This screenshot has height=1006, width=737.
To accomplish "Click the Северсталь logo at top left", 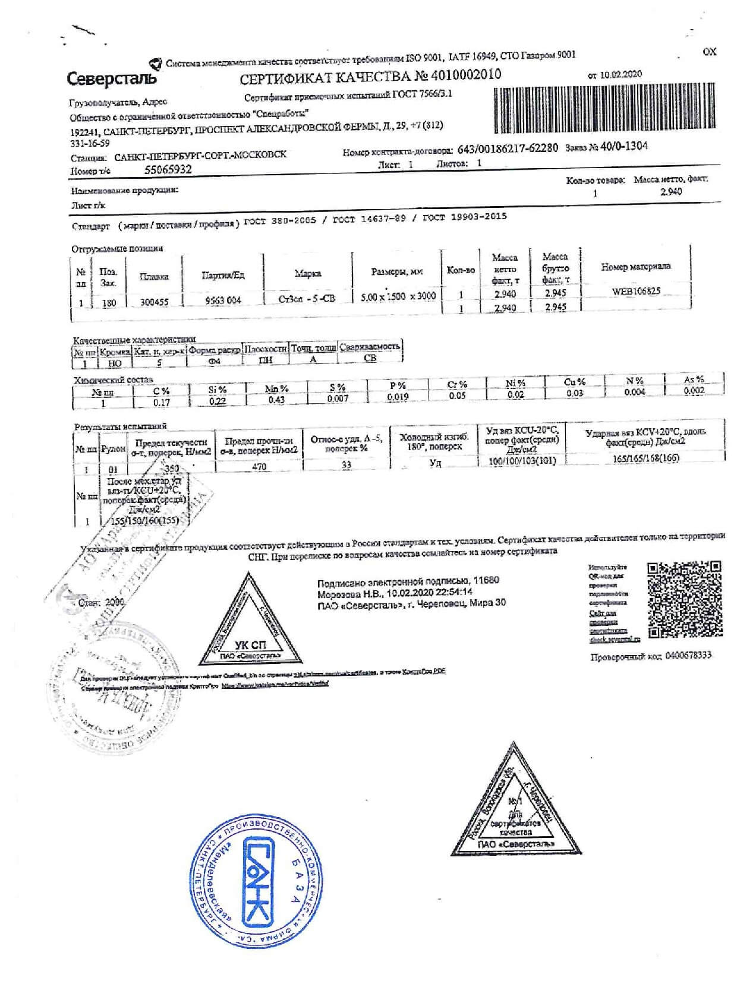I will point(112,78).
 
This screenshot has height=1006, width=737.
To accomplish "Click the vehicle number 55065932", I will point(168,169).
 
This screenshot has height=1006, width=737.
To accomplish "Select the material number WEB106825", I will point(635,291).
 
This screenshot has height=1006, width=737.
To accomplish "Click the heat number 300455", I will point(154,301).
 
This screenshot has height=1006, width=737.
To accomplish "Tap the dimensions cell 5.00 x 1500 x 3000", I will point(398,296).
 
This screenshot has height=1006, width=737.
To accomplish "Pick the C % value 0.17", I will point(162,402).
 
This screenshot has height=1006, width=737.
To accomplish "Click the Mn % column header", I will point(276,388).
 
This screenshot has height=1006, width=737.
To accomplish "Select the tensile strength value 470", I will point(259,467).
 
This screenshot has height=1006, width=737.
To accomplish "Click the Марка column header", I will point(307,273).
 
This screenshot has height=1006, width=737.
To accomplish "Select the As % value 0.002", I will point(694,390).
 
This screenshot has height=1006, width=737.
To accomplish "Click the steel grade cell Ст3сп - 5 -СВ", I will point(307,298).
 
